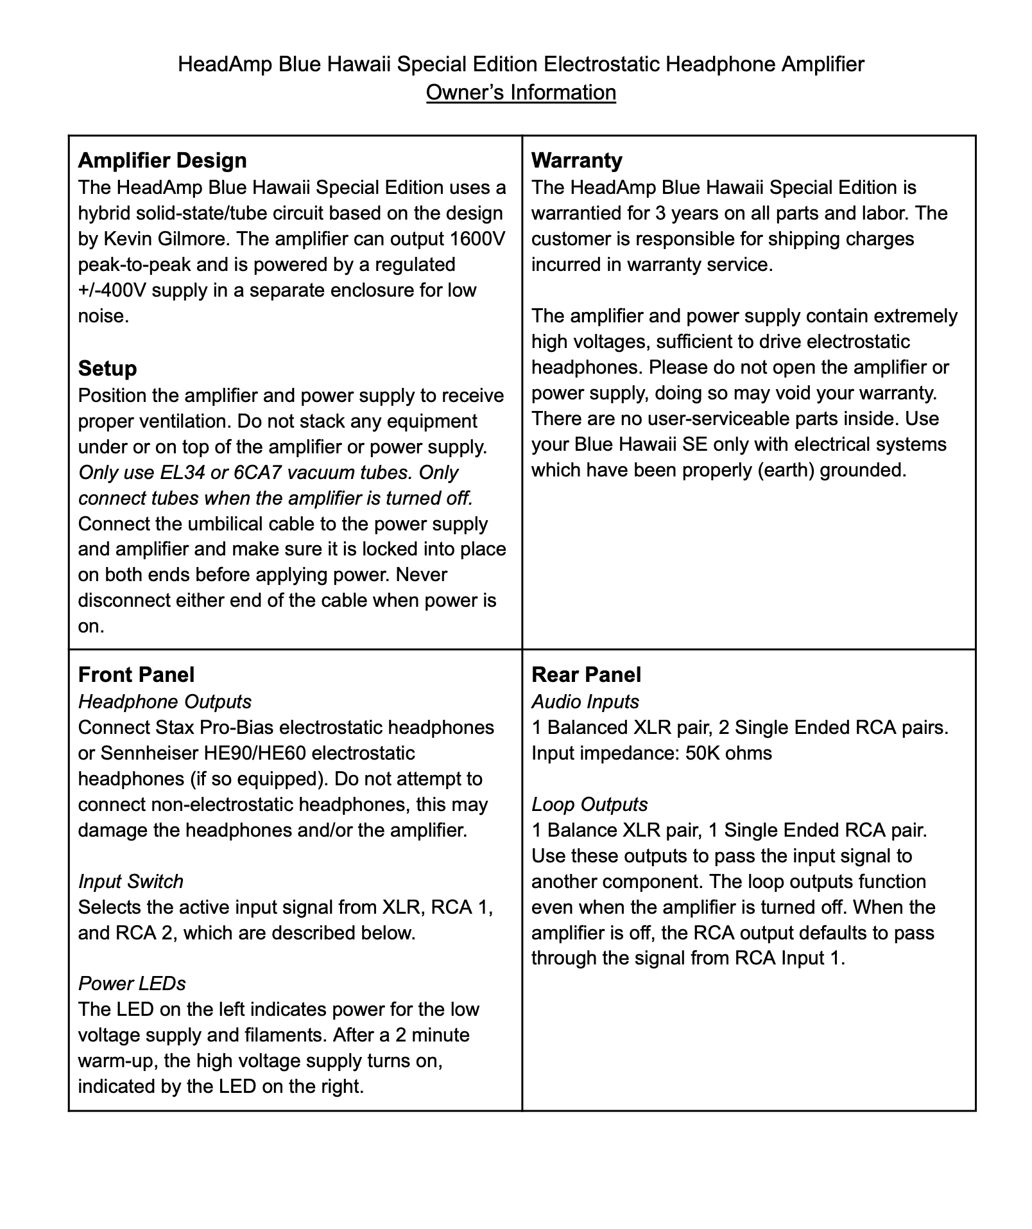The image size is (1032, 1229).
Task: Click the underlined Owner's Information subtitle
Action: click(520, 92)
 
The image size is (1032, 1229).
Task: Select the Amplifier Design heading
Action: click(162, 160)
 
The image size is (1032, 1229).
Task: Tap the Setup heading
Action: click(107, 368)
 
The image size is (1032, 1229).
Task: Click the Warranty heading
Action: click(576, 160)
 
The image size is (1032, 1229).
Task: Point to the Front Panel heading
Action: click(136, 674)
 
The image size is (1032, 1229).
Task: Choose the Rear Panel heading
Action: click(586, 674)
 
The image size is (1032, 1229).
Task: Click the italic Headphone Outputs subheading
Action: click(164, 701)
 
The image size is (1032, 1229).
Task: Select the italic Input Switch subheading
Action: click(130, 881)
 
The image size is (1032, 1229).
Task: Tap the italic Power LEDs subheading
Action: click(132, 983)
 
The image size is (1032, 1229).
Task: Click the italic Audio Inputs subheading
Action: click(585, 701)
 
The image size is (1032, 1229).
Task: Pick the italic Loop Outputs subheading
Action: click(589, 804)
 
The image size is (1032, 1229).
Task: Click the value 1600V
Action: click(477, 239)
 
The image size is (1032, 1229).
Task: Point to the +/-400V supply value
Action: click(112, 290)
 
